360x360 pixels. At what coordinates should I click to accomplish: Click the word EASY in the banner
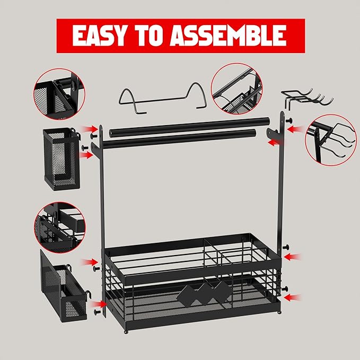[99, 36]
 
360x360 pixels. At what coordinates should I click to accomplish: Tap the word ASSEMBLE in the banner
[228, 36]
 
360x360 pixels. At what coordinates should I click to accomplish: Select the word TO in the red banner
[148, 36]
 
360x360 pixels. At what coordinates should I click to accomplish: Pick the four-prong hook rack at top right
[307, 98]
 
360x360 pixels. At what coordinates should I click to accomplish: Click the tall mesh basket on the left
[62, 159]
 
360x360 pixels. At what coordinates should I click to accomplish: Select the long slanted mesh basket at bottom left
[63, 286]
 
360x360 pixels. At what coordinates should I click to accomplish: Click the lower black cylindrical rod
[179, 139]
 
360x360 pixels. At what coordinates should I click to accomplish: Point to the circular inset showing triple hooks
[331, 140]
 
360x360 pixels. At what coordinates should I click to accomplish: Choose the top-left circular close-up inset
[59, 94]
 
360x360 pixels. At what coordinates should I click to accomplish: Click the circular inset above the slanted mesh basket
[60, 227]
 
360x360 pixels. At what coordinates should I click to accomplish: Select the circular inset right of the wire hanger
[236, 89]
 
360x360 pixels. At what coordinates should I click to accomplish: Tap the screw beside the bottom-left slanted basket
[98, 312]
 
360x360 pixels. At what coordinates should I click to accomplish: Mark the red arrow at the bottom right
[293, 298]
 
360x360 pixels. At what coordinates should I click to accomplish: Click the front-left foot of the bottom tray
[125, 332]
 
